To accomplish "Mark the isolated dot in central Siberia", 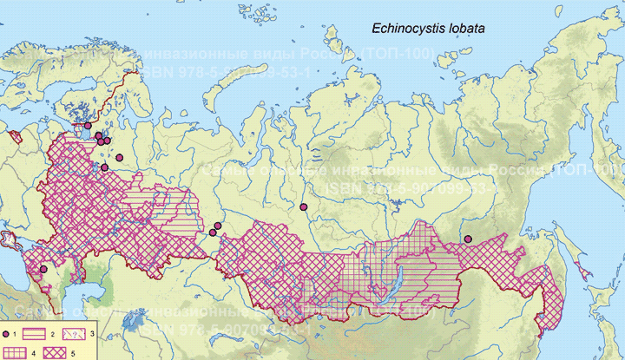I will (304, 206).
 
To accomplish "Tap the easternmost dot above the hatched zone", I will (467, 239).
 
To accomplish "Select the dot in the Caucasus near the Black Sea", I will (43, 269).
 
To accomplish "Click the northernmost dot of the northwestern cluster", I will (88, 126).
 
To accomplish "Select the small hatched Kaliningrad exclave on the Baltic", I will (15, 135).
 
